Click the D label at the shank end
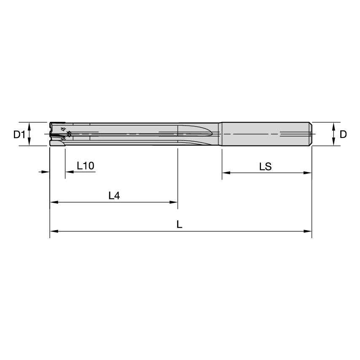(x=343, y=134)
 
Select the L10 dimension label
(x=85, y=166)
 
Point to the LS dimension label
(x=265, y=167)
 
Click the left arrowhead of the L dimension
(x=53, y=231)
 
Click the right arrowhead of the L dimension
(x=309, y=231)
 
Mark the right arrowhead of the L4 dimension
(x=175, y=202)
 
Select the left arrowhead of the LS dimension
(x=225, y=173)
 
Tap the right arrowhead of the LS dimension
(x=309, y=173)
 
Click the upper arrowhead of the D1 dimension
(x=29, y=125)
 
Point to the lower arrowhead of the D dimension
(x=333, y=143)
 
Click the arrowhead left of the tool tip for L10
(x=47, y=172)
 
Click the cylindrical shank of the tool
(x=266, y=134)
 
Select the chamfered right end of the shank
(x=311, y=134)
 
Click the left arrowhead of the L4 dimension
(x=53, y=202)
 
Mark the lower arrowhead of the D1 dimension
(x=29, y=143)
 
